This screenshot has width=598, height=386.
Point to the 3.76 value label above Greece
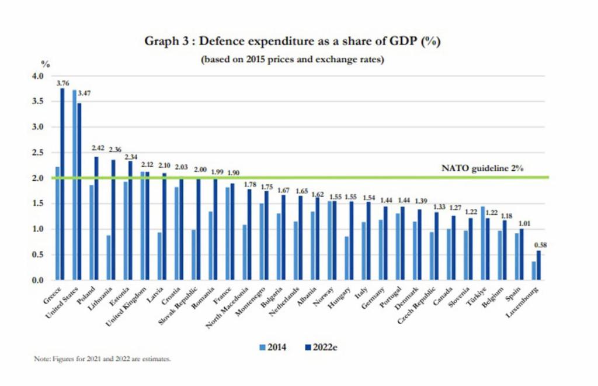(62, 83)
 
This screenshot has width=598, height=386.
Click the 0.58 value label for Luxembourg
(540, 246)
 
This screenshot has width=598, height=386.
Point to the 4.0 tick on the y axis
(38, 76)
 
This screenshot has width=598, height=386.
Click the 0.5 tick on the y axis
(38, 254)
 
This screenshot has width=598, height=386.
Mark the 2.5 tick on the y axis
(38, 153)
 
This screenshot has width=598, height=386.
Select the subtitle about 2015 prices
(292, 60)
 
